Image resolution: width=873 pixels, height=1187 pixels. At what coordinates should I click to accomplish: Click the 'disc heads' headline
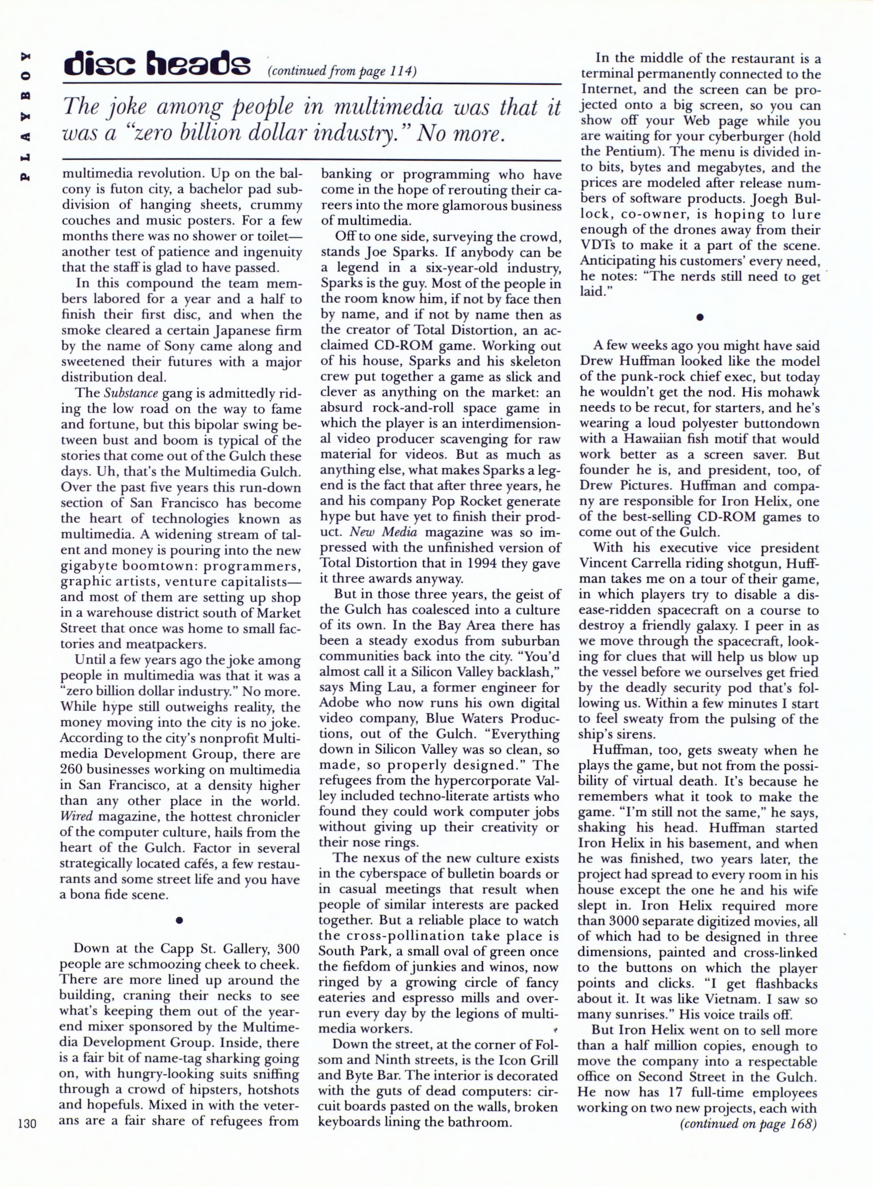pos(156,66)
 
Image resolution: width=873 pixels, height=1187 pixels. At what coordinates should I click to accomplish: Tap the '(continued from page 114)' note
pos(343,72)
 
